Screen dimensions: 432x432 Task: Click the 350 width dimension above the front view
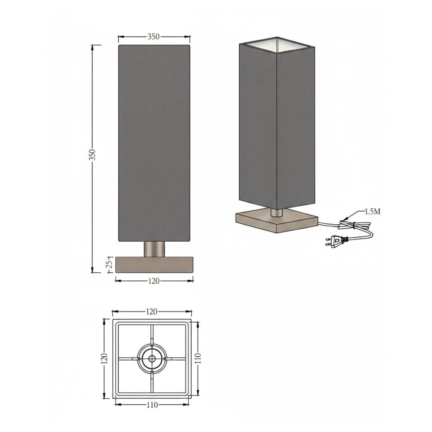tap(154, 37)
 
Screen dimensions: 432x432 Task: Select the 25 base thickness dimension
tap(109, 264)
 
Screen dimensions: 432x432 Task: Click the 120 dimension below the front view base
tap(154, 281)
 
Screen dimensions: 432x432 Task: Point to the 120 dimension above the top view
tap(152, 312)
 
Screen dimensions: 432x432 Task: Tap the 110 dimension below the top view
tap(152, 405)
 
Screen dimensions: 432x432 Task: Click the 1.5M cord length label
tap(372, 212)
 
